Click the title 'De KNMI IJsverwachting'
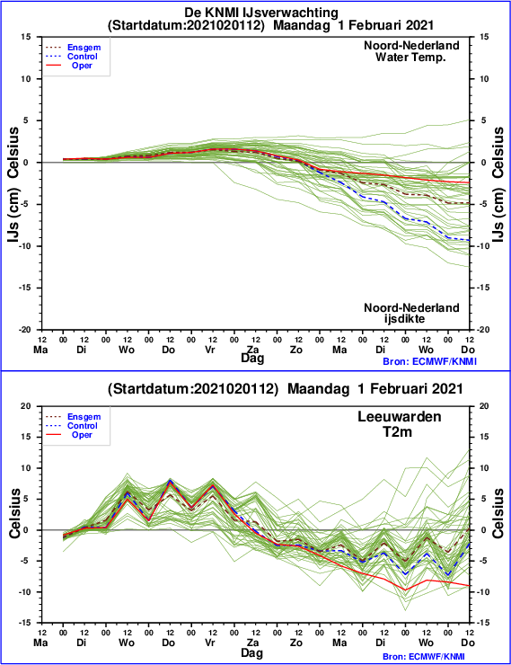tap(261, 13)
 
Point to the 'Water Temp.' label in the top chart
tap(410, 57)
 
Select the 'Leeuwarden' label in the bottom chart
tap(399, 416)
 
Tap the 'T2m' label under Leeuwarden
tap(398, 431)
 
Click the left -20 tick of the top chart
tap(24, 330)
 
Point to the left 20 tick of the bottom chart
tap(26, 406)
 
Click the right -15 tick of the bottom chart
tap(484, 623)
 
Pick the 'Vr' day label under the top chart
tap(210, 350)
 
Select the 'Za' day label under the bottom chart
tap(253, 643)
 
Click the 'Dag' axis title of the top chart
tap(252, 359)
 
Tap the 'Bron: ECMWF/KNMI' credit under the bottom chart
tap(429, 657)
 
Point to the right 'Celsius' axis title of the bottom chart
tap(498, 513)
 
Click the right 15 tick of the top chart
tap(484, 37)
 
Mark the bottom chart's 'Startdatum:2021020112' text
tap(193, 389)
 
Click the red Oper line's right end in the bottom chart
tap(470, 586)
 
